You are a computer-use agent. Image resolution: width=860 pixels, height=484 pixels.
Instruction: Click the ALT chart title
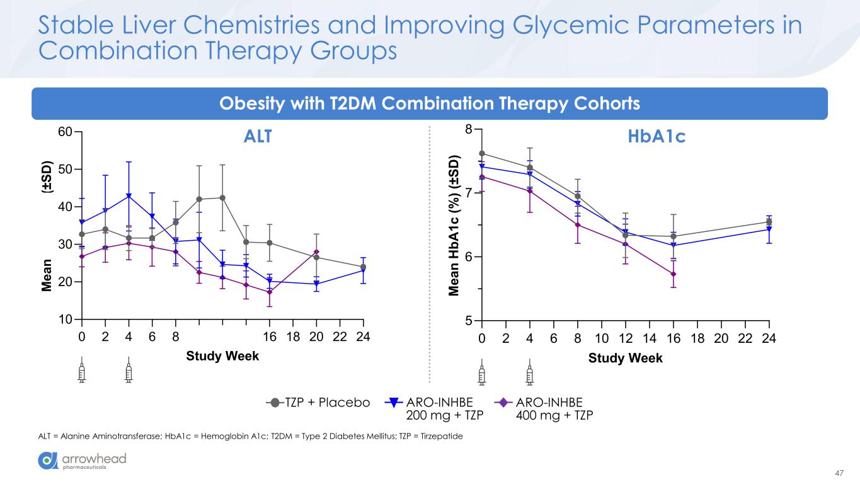click(257, 136)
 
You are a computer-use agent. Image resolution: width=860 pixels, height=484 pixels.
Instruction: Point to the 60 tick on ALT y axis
click(64, 132)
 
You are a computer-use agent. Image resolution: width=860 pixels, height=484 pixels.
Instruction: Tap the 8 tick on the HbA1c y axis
click(469, 129)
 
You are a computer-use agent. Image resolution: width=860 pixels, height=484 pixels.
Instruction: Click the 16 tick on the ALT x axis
click(270, 337)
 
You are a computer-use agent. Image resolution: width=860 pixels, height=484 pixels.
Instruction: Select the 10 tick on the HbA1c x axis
click(601, 338)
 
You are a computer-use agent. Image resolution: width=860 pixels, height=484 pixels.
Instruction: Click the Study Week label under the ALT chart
click(222, 356)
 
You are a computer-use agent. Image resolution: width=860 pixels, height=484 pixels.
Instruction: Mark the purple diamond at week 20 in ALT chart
click(316, 252)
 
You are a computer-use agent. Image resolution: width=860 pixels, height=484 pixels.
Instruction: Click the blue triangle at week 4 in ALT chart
click(129, 196)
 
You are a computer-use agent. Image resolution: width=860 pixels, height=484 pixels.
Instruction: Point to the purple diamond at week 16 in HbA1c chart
click(674, 274)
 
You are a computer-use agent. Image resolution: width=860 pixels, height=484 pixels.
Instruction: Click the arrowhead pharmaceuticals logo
click(83, 461)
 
